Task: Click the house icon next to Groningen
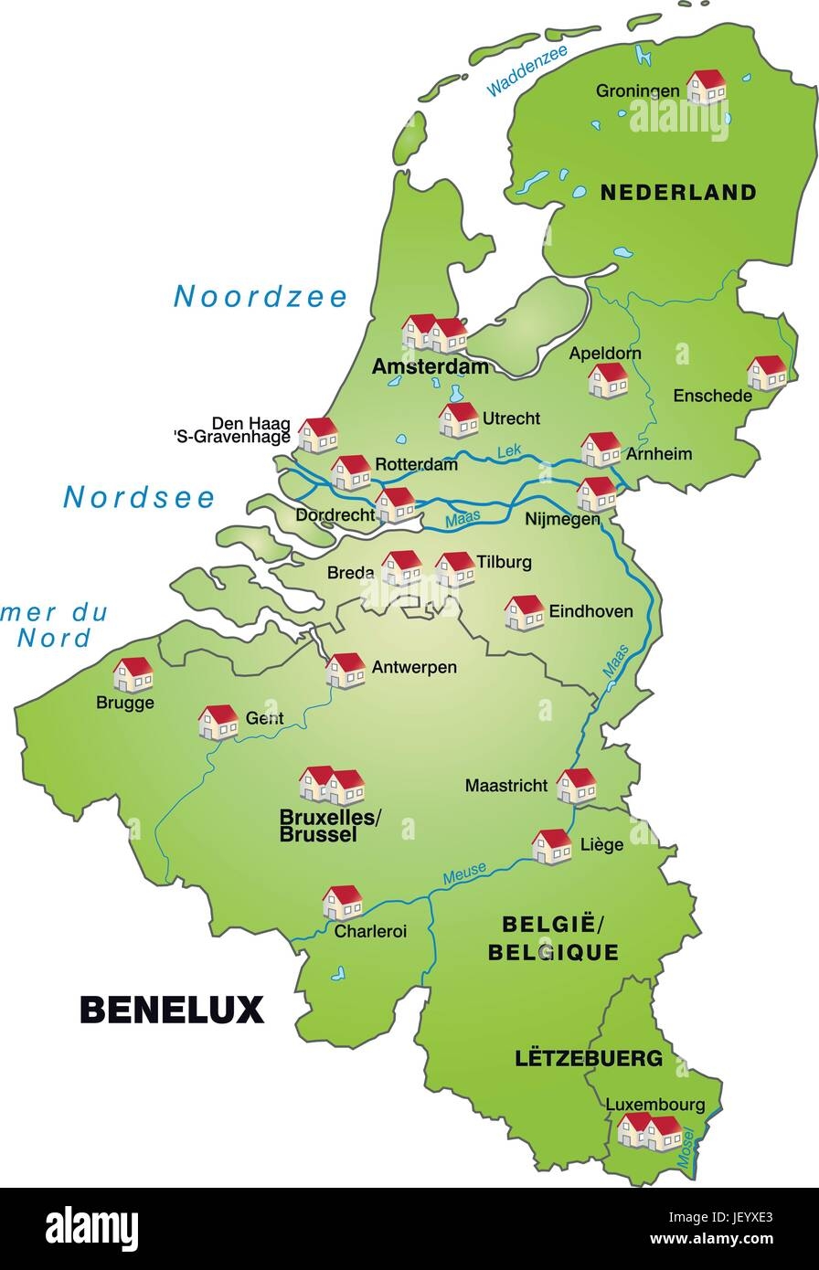(x=706, y=87)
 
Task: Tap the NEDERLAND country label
(x=677, y=192)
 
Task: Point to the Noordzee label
(x=261, y=296)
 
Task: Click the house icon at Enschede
(x=766, y=372)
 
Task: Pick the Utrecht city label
(x=511, y=418)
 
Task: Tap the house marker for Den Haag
(x=318, y=434)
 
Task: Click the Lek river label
(x=507, y=450)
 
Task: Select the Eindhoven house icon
(x=524, y=612)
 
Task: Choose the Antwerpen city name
(x=414, y=667)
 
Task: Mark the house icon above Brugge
(x=133, y=674)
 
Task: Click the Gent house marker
(x=218, y=721)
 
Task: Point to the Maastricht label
(x=506, y=785)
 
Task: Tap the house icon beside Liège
(x=551, y=846)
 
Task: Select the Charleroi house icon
(x=342, y=901)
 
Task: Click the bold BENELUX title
(x=172, y=1009)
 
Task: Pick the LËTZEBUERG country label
(x=589, y=1059)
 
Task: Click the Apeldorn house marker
(x=607, y=379)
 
